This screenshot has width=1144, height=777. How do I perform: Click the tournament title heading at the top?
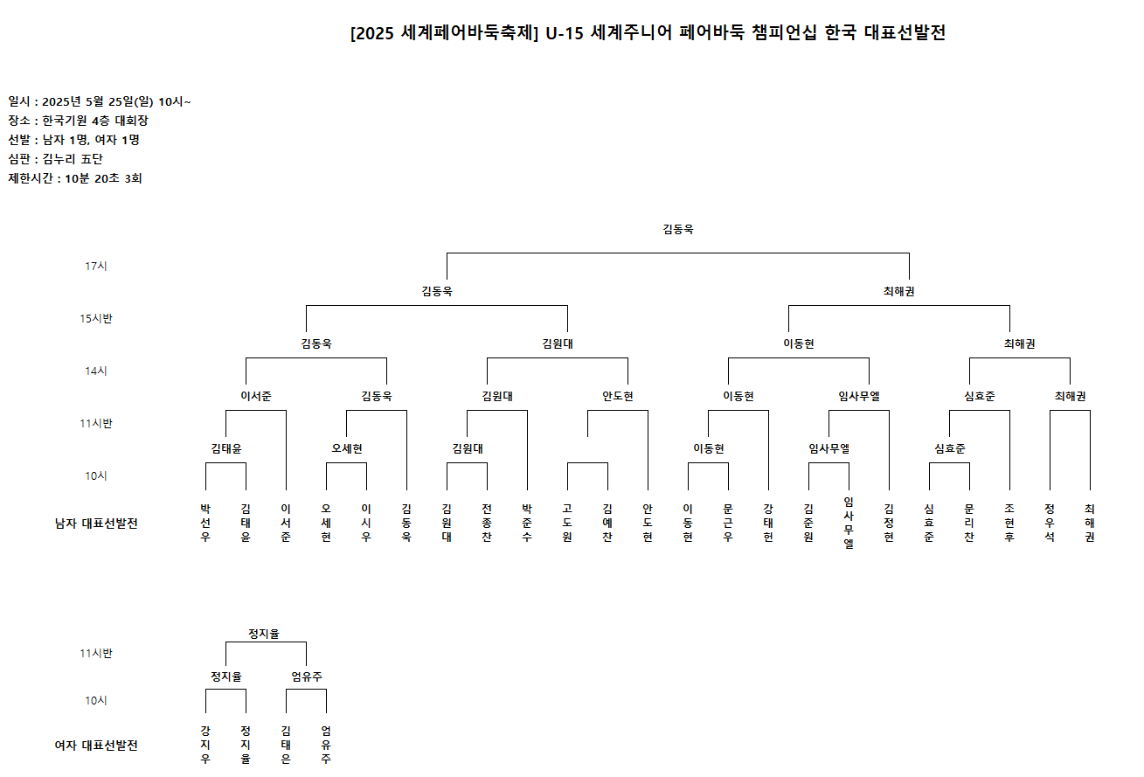648,33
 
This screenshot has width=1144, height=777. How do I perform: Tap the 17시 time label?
96,267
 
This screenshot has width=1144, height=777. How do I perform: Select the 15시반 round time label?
96,319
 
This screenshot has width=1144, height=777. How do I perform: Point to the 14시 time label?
96,371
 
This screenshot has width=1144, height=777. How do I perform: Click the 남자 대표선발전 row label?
96,524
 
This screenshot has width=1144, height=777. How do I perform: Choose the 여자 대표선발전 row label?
96,746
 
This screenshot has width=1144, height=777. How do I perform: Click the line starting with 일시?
100,101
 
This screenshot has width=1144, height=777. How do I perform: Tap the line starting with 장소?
78,121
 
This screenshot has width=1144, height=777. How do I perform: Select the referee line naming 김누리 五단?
55,159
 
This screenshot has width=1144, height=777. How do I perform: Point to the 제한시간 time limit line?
75,178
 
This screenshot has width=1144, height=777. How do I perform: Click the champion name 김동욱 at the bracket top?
678,229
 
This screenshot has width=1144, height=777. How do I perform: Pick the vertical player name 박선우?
205,523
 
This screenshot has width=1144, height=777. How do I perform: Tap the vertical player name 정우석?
1050,523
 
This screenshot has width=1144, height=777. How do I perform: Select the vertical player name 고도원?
567,523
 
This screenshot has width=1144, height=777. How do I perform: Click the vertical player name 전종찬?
487,523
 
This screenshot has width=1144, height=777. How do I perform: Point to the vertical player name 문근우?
728,523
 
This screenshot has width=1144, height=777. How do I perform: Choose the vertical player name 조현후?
1009,523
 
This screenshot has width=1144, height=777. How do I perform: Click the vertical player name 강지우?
205,745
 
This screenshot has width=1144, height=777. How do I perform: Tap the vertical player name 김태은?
286,745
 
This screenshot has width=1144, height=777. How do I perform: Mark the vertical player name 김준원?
808,523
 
